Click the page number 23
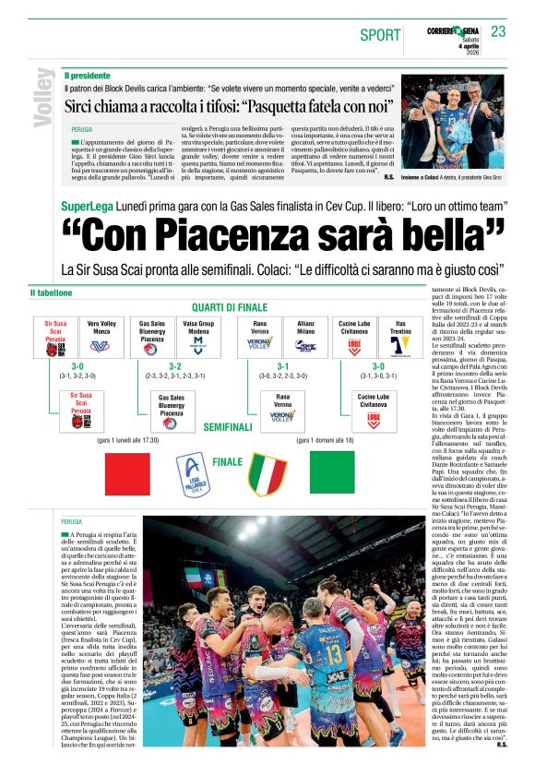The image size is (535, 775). coord(498,31)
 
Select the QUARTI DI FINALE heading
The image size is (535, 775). coord(231,307)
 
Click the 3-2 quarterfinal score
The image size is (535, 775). coord(174,365)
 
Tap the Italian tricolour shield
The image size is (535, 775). coord(267,473)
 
